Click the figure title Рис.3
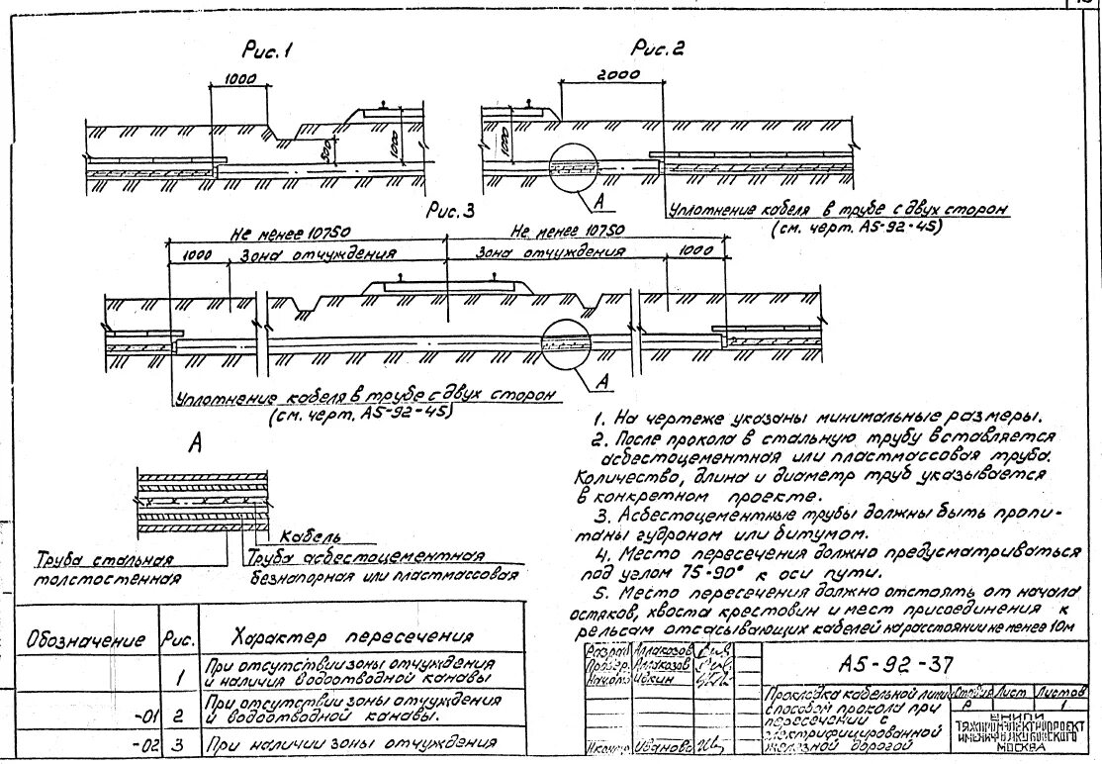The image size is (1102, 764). [450, 210]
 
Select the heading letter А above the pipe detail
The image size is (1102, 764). [195, 446]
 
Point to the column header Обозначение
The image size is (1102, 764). [85, 639]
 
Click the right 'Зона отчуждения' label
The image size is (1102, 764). [551, 252]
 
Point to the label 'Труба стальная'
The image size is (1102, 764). [103, 559]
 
